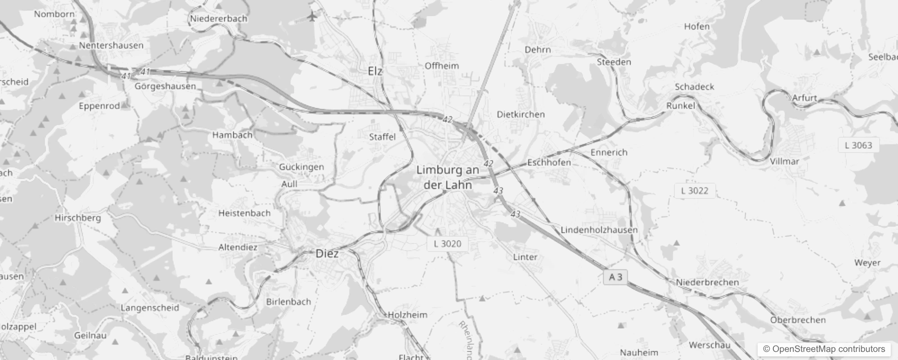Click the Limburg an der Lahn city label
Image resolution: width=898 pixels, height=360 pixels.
[448, 177]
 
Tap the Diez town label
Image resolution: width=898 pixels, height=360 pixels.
[327, 253]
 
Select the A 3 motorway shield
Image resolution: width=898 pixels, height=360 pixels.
[615, 277]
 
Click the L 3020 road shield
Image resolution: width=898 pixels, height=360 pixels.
[447, 244]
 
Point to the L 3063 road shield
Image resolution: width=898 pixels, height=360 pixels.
[858, 145]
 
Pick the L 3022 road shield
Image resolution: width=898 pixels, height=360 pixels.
[694, 191]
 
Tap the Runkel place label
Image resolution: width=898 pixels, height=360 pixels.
[680, 106]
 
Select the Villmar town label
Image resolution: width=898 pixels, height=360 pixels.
[784, 161]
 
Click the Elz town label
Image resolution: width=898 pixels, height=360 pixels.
[375, 71]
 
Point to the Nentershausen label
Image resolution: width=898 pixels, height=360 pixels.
[111, 45]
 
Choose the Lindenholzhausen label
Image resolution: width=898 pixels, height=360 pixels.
[599, 230]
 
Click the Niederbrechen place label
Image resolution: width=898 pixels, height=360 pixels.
[707, 283]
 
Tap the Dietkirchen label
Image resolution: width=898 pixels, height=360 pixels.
[521, 115]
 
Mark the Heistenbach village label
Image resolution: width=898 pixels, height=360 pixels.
[244, 213]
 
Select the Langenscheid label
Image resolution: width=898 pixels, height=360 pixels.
[150, 308]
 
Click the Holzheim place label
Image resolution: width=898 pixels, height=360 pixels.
[408, 315]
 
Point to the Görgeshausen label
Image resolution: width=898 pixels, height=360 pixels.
[165, 86]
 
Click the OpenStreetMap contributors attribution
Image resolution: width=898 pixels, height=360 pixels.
[824, 349]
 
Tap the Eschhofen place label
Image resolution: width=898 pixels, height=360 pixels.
[549, 162]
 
